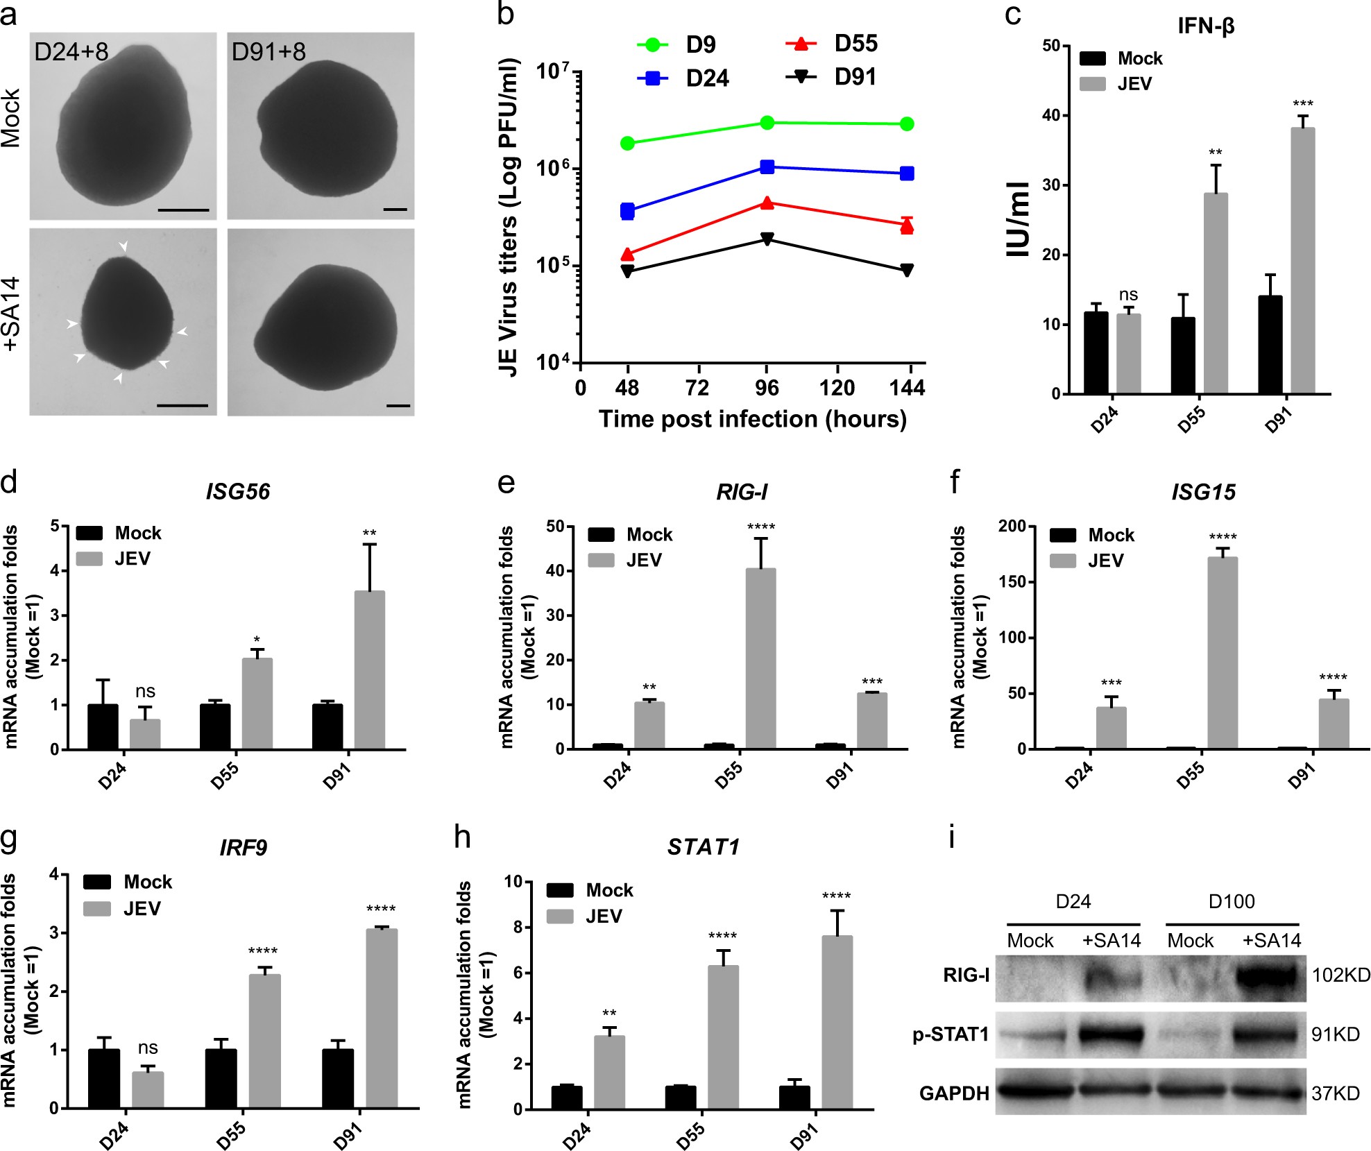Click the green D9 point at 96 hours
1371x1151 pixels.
click(x=767, y=123)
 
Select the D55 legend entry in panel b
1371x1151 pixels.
click(x=833, y=44)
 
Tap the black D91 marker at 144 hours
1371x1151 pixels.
click(x=907, y=270)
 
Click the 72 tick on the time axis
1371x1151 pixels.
click(x=697, y=388)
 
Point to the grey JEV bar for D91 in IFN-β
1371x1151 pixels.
click(x=1302, y=260)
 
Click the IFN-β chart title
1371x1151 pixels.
click(x=1206, y=26)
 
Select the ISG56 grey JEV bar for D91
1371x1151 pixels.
click(x=370, y=670)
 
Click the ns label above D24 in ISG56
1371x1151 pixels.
click(x=145, y=691)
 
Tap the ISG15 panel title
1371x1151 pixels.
click(x=1203, y=492)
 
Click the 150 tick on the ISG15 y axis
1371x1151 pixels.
click(x=1012, y=582)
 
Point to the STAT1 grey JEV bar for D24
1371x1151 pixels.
click(x=609, y=1072)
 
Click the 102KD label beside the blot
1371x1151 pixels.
click(x=1340, y=975)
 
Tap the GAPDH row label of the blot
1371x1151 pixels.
click(x=954, y=1094)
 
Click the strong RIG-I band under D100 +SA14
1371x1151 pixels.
click(x=1267, y=978)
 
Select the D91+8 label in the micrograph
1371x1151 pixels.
click(x=269, y=52)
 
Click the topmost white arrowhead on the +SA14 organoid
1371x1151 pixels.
click(x=124, y=246)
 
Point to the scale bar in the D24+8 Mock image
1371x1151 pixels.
click(x=183, y=209)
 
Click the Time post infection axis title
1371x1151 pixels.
click(x=752, y=419)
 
